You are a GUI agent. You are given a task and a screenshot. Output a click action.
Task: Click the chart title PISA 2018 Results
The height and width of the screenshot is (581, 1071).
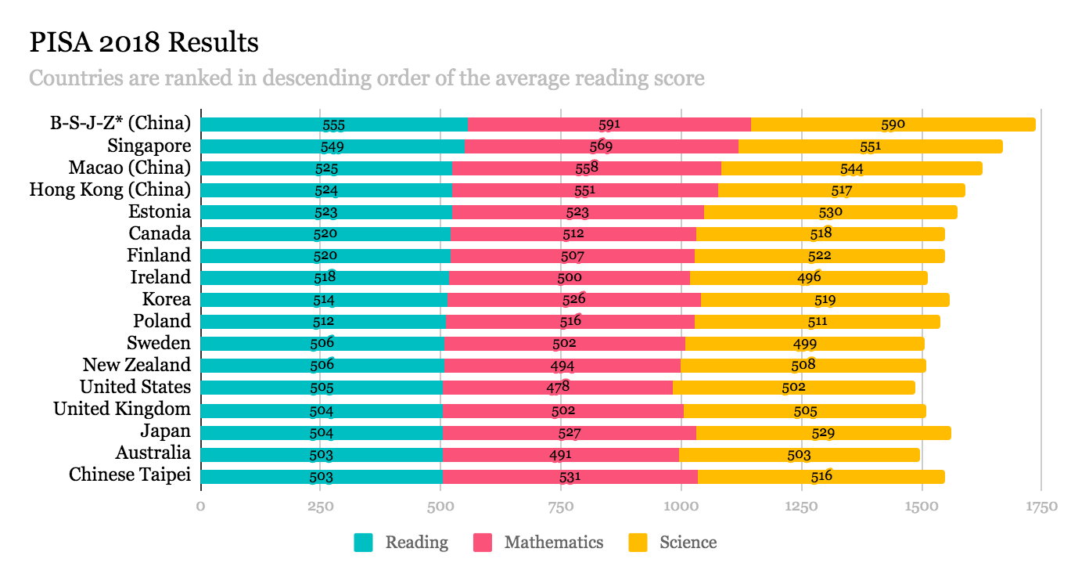tap(144, 42)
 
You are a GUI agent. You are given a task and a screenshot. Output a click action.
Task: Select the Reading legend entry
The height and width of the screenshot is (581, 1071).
tap(416, 542)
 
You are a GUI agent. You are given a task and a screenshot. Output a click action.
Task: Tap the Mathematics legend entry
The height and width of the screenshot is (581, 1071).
tap(553, 542)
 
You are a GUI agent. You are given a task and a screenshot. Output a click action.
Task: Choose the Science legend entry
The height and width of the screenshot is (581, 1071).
tap(688, 542)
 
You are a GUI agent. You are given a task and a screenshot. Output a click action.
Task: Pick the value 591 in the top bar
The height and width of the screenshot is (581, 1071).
tap(609, 125)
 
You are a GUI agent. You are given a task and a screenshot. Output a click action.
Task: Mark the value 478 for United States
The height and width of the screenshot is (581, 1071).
tap(559, 387)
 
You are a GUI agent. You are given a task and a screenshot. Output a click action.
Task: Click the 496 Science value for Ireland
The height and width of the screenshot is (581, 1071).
tap(809, 277)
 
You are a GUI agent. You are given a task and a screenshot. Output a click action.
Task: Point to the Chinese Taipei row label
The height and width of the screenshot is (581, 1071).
tap(130, 475)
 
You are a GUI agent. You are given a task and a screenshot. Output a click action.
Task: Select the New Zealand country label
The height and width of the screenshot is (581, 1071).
tap(137, 365)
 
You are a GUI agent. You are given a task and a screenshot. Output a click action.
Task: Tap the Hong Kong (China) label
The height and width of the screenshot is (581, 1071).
tap(110, 189)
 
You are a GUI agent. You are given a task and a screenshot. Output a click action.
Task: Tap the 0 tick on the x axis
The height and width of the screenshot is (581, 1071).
tap(201, 507)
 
